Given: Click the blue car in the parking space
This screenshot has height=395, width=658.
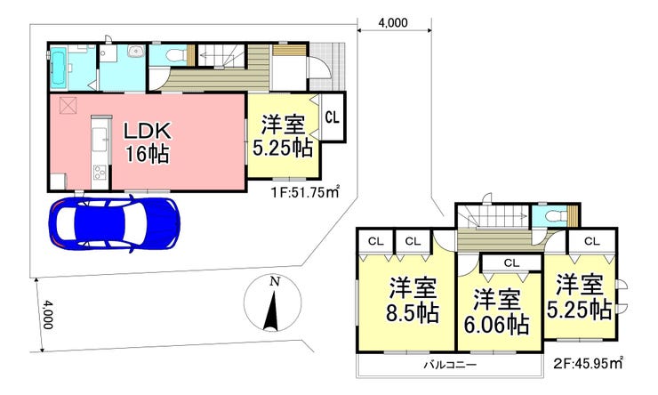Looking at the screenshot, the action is pos(114,223).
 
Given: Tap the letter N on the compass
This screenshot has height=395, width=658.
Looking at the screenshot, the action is pos(274,282).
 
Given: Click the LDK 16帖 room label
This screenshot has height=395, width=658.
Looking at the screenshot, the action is pos(148,142).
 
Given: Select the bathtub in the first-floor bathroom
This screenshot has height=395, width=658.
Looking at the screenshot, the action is pos(59,69).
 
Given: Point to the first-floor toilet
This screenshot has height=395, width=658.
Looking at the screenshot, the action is pos(173,54).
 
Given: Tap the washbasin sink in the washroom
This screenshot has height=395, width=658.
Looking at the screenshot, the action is pos(135,52).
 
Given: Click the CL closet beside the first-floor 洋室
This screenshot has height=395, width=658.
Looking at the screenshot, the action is pos(333,117).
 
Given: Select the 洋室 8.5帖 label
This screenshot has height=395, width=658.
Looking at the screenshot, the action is pos(413,300).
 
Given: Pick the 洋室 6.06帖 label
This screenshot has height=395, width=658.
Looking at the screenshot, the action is pos(496,311).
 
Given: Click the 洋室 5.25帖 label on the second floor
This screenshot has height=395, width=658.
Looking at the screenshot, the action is pos(579,297).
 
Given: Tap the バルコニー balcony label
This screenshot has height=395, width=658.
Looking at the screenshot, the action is pos(449,365).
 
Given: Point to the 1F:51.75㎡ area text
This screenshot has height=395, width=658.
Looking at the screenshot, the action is pos(304,193).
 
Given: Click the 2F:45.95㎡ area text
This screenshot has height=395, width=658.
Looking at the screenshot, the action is pos(588,363).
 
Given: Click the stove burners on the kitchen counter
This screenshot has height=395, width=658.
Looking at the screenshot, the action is pos(100,172).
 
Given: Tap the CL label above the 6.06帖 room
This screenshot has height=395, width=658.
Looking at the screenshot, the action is pos(511,263).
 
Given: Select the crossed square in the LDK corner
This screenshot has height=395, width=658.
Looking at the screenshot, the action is pos(68,105).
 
